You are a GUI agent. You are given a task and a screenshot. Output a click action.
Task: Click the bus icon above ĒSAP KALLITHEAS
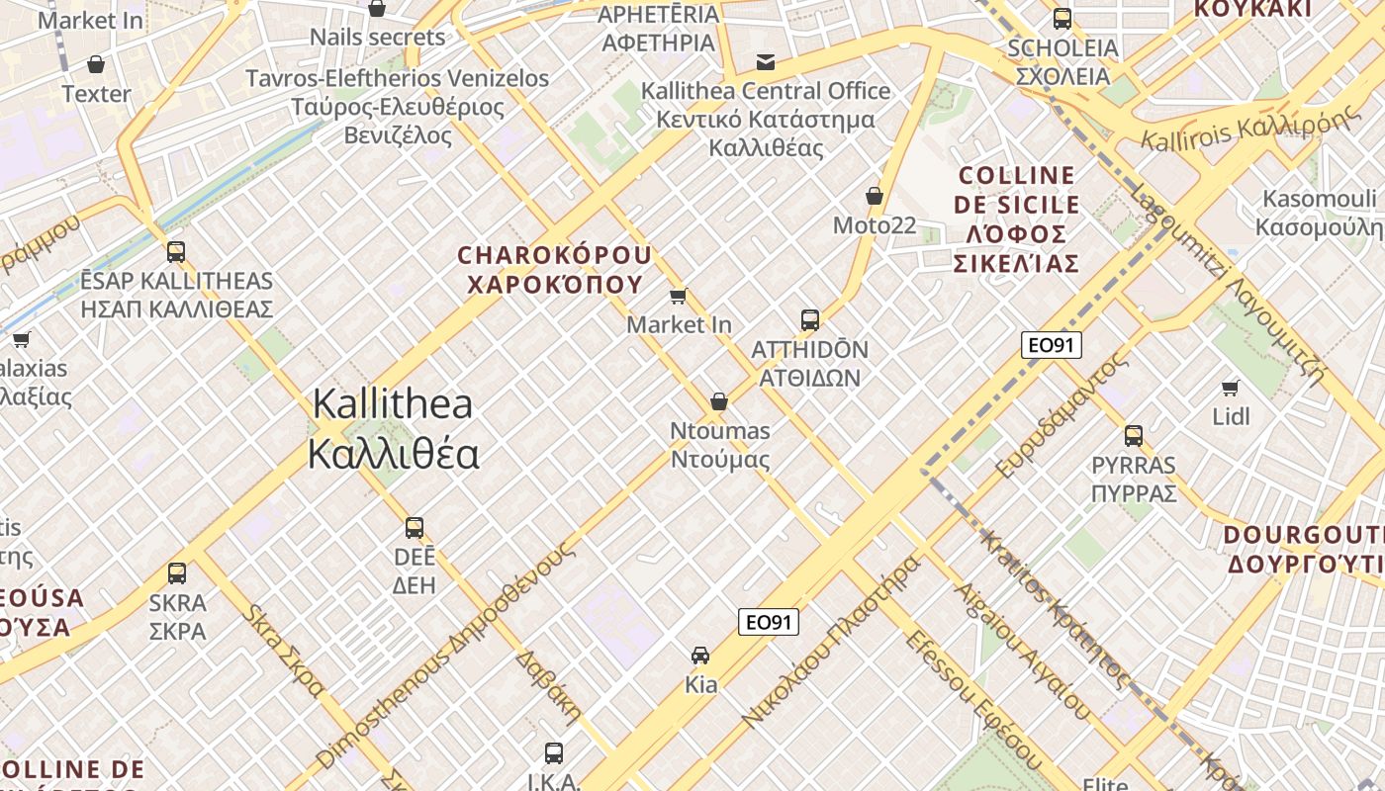[176, 252]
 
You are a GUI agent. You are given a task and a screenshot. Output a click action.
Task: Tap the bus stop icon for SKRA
[177, 572]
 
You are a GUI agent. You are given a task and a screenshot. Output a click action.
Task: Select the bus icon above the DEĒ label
[415, 527]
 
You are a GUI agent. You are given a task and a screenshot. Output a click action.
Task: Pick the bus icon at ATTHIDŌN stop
[810, 319]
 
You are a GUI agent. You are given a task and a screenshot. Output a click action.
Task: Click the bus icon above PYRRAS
[1134, 435]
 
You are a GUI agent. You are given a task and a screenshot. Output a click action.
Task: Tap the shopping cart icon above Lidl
[1231, 388]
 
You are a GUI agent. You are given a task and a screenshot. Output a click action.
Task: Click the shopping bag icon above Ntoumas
[719, 401]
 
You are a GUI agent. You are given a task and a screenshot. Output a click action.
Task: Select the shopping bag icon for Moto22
[875, 196]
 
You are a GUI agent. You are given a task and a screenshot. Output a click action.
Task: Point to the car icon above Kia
[700, 655]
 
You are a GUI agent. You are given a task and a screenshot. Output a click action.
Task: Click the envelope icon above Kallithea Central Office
[766, 62]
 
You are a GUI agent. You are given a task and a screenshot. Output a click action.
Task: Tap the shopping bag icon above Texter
[96, 64]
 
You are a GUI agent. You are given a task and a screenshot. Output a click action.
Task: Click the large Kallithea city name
[393, 429]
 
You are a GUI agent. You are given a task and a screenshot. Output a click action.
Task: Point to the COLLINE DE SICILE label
[1016, 220]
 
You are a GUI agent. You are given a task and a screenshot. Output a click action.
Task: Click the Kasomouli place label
[1320, 213]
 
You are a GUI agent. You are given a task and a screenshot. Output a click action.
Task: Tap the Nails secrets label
[378, 38]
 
